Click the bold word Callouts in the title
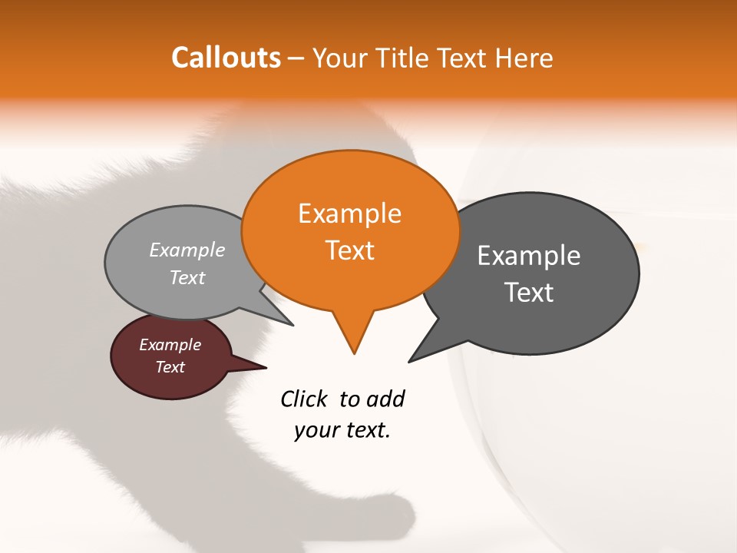pos(226,58)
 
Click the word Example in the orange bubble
pos(349,214)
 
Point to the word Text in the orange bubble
pos(349,250)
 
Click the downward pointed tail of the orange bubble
pos(353,338)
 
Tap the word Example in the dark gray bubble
pos(529,256)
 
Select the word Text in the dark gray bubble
pos(529,293)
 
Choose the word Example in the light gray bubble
pos(187,250)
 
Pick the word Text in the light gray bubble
pos(187,278)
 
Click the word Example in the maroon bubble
pos(170,345)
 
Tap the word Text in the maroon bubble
pos(170,367)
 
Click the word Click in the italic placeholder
pos(304,399)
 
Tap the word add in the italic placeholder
pos(385,399)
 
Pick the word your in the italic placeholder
pos(316,430)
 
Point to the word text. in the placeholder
pos(365,430)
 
